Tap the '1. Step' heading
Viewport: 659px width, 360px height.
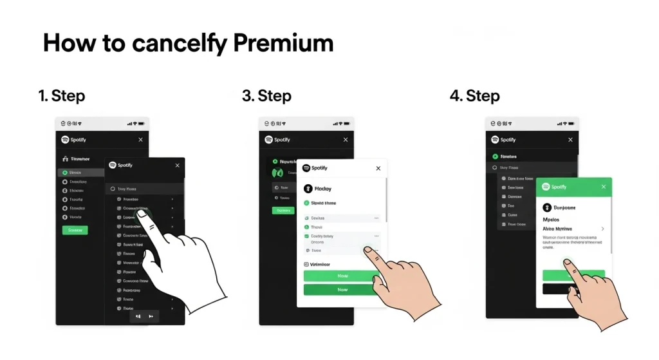tap(62, 96)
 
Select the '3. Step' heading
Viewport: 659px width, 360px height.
tap(266, 96)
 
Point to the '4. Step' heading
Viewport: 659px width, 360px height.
tap(474, 96)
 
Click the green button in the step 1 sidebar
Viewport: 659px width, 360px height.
tap(75, 230)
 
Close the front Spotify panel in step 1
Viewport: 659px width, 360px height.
tap(178, 166)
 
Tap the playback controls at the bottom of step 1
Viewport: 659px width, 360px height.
tap(144, 316)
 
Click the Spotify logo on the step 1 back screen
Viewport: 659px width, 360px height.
tap(65, 140)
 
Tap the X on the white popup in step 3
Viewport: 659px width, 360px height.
tap(378, 168)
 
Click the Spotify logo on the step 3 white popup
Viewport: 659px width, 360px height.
tap(306, 168)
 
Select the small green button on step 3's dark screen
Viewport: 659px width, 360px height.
tap(282, 211)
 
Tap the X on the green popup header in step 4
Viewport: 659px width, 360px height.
tap(604, 187)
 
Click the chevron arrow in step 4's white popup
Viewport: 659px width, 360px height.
tap(602, 229)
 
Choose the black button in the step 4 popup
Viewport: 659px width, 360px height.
tap(573, 289)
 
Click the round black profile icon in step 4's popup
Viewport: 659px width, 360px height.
tap(548, 207)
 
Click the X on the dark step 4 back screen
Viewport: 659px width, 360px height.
tap(570, 140)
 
